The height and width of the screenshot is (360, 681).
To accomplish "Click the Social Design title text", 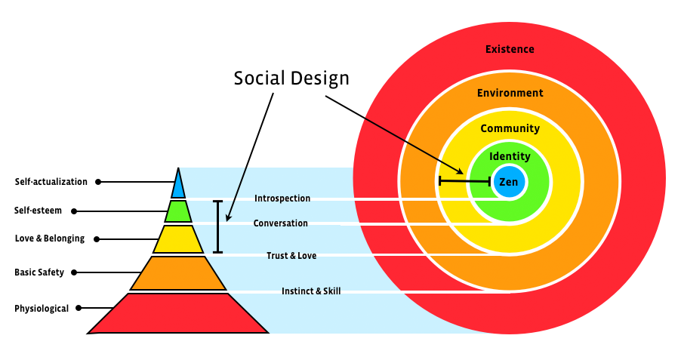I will click(291, 78).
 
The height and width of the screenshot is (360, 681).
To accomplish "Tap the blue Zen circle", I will click(509, 182).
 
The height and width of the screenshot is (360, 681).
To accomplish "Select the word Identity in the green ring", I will click(510, 157).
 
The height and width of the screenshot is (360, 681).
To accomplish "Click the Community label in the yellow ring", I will click(510, 128).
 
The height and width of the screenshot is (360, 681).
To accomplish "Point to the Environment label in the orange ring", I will click(510, 93).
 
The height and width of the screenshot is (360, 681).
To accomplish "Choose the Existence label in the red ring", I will click(510, 49).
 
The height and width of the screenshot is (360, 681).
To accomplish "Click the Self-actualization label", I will click(51, 182).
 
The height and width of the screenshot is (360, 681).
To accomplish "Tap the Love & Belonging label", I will click(50, 239).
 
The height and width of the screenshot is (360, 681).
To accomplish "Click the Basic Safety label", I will click(39, 272).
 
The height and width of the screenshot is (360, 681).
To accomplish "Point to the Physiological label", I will click(42, 308).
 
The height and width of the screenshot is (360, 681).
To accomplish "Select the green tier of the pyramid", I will click(178, 211).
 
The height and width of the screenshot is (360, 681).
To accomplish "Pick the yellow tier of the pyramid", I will click(178, 239).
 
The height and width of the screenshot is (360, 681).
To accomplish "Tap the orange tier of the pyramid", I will click(178, 272).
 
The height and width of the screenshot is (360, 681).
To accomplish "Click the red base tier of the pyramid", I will click(178, 313).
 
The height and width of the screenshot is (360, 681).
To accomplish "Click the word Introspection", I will click(282, 198).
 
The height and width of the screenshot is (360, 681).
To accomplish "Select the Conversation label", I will click(280, 223).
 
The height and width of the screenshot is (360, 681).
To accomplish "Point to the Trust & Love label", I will click(291, 256).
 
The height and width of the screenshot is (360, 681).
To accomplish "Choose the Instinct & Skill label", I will click(311, 291).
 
